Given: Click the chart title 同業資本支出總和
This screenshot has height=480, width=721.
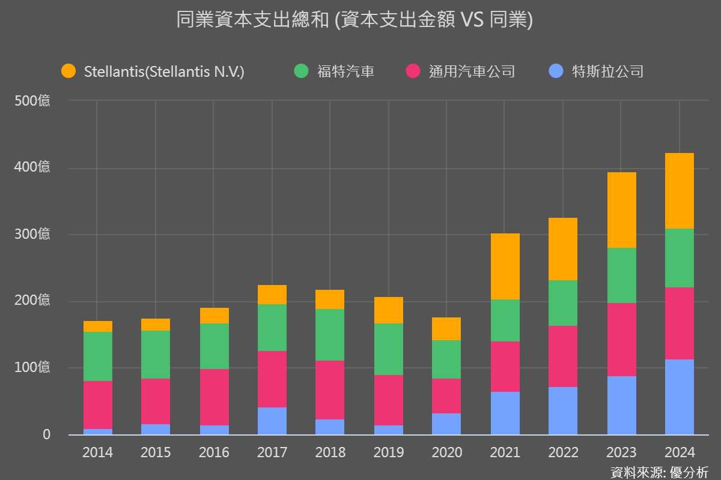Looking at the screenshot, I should (x=354, y=20).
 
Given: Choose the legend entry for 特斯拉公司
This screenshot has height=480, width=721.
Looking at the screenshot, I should (x=607, y=72).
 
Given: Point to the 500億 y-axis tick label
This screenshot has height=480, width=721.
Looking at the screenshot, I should (x=32, y=101).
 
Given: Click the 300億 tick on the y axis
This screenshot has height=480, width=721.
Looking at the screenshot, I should (x=32, y=235).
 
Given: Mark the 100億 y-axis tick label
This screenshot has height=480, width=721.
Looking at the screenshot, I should (x=32, y=368).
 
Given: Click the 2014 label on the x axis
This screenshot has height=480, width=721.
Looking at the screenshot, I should (x=97, y=452).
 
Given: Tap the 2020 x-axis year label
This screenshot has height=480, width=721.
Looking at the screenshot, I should (x=446, y=452).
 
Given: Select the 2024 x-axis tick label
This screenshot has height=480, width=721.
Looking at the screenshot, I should (x=679, y=452).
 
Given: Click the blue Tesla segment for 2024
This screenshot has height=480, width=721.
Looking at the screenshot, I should (x=679, y=397).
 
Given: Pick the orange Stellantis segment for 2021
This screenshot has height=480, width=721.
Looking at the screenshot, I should (x=505, y=266).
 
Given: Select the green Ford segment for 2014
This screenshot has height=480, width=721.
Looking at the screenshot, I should (x=97, y=356).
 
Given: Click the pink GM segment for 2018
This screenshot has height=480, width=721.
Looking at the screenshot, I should (x=330, y=390).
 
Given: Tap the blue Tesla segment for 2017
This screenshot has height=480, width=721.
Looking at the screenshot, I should (x=272, y=421).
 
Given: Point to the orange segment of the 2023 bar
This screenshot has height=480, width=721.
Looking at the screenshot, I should (x=621, y=210).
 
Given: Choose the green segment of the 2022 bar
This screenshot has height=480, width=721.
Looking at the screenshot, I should (x=563, y=303).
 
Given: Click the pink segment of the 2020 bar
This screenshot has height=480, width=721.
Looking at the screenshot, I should (x=446, y=396).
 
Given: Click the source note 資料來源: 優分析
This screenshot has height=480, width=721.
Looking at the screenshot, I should (x=659, y=472).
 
